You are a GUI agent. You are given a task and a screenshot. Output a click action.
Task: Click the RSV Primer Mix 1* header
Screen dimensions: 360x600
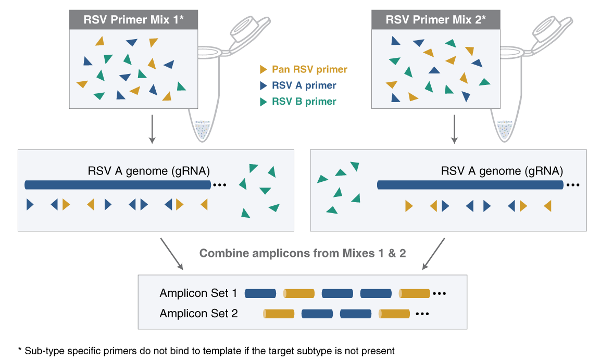[x=134, y=20]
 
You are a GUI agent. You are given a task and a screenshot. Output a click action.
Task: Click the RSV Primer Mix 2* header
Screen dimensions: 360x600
[x=435, y=20]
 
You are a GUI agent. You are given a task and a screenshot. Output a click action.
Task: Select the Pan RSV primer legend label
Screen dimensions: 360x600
[x=309, y=69]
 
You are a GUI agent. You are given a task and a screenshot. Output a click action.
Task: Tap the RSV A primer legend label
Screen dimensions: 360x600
[x=304, y=85]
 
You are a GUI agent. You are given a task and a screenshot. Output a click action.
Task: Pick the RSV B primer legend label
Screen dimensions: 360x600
[x=304, y=102]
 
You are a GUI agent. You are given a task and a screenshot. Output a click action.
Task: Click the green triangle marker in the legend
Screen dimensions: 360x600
[x=264, y=102]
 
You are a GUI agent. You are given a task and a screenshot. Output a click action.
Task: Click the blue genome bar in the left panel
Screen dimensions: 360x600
[x=118, y=185]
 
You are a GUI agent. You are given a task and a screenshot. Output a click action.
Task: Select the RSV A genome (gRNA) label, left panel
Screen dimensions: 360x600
[x=149, y=171]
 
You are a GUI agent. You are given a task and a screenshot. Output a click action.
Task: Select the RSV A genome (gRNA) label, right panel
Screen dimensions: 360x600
[x=502, y=171]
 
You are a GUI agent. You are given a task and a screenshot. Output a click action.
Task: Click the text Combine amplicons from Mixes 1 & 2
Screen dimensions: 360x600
[x=303, y=254]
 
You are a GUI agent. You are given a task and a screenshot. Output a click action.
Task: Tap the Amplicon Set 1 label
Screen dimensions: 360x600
[x=198, y=293]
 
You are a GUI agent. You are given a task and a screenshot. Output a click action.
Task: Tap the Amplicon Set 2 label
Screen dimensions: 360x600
[x=198, y=314]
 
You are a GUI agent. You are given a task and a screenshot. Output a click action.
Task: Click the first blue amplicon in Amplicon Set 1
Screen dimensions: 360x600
[x=260, y=293]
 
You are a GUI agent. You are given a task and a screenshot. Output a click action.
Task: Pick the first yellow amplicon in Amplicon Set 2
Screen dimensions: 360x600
[x=279, y=314]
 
